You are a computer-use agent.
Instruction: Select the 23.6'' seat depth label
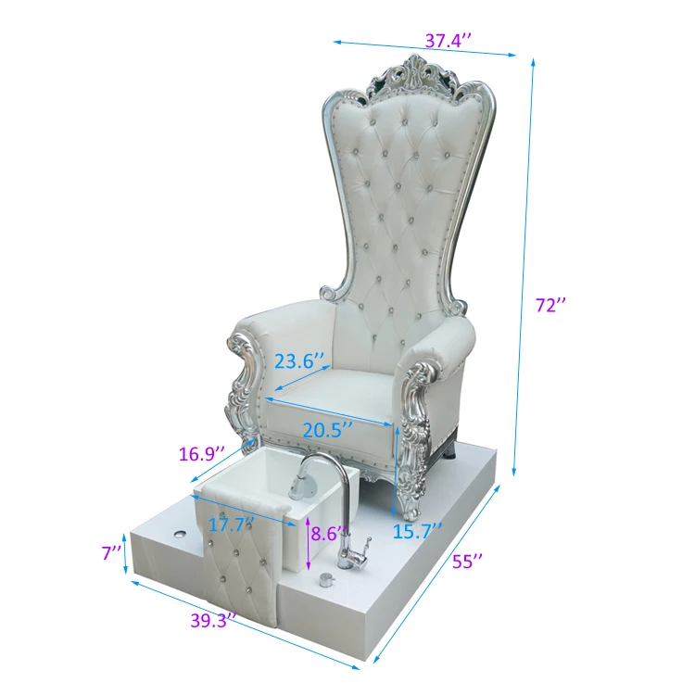[x=299, y=360]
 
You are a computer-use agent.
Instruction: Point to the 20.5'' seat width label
[x=327, y=429]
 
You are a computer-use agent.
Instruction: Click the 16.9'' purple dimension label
[x=201, y=454]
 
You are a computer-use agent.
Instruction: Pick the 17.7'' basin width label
[x=230, y=524]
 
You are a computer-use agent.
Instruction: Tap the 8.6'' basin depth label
[x=329, y=534]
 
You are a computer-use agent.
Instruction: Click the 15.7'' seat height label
[x=417, y=530]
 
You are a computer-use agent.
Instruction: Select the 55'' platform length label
[x=469, y=561]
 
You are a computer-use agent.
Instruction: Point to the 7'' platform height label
[x=111, y=553]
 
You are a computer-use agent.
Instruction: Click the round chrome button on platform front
[x=326, y=581]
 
